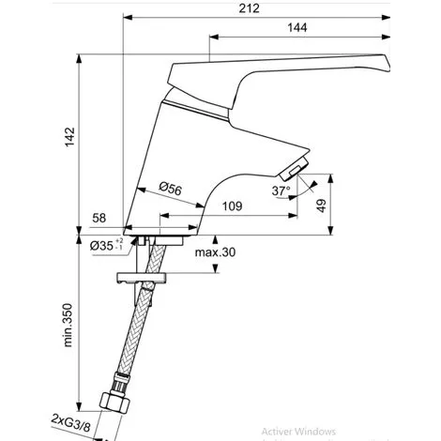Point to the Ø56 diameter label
[x=170, y=190]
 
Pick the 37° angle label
[x=281, y=190]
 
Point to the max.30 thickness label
[x=216, y=252]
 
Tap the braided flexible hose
[x=132, y=342]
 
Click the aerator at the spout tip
[x=293, y=170]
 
